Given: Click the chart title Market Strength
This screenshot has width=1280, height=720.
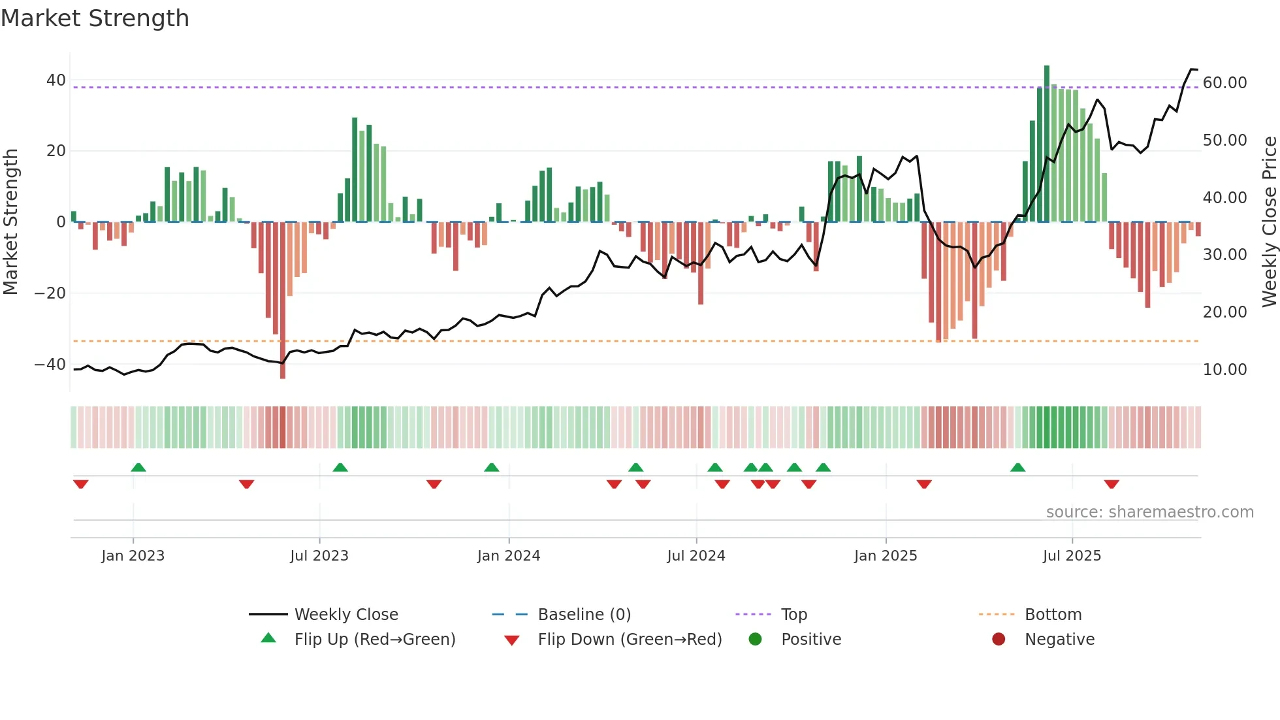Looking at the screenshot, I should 95,18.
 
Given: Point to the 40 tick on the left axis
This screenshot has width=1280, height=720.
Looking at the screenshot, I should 56,80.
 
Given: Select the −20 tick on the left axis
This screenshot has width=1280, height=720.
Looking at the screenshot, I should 50,293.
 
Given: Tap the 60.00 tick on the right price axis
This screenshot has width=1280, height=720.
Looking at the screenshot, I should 1224,83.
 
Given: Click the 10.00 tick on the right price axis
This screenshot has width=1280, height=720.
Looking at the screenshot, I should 1224,370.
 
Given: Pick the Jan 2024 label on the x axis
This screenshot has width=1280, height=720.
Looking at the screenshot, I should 509,556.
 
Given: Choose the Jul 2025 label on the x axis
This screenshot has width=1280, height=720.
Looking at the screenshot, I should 1072,556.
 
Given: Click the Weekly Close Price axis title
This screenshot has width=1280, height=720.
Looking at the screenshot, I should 1269,221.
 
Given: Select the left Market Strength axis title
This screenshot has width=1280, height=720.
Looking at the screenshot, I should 10,221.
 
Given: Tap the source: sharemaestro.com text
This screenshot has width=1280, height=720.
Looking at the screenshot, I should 1149,512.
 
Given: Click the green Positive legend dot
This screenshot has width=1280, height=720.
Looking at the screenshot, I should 756,640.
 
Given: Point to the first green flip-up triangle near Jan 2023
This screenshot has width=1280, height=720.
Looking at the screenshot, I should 138,467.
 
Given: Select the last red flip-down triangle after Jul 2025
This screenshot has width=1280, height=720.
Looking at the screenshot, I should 1112,484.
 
